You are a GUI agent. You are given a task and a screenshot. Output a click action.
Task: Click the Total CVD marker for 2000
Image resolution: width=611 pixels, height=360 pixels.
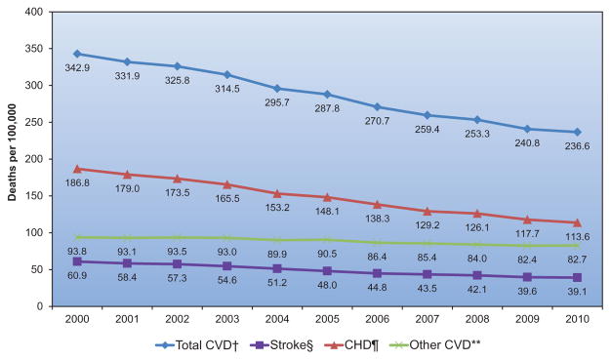77,54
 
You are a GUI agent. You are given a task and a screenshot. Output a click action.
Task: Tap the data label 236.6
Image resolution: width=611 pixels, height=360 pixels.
577,146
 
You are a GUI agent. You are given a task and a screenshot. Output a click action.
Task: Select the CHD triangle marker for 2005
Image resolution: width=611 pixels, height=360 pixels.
327,197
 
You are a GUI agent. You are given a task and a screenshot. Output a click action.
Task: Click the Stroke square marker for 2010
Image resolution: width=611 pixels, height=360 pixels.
577,277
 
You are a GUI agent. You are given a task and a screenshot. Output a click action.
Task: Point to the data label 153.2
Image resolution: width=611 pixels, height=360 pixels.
277,207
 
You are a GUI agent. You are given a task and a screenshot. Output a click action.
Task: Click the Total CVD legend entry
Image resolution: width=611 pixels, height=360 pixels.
197,345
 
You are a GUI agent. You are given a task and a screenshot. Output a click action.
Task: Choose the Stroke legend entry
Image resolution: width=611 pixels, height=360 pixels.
281,345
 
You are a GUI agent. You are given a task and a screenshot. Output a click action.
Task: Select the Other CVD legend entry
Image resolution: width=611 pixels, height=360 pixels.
434,345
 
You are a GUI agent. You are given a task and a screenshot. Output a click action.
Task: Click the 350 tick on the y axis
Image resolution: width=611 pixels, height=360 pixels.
34,49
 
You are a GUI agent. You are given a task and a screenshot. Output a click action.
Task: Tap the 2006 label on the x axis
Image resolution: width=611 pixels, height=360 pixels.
377,319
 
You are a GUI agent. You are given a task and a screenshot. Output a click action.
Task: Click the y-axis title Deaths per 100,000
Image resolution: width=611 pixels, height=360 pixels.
12,152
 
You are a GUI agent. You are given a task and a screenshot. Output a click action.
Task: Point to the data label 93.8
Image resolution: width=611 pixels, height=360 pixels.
77,252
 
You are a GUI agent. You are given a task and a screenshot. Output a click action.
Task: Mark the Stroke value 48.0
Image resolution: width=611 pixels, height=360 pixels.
327,285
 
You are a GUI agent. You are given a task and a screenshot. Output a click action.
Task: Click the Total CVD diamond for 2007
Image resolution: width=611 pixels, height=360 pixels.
428,115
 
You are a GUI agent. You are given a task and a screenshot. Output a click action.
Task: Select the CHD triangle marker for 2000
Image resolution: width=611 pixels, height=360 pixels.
77,169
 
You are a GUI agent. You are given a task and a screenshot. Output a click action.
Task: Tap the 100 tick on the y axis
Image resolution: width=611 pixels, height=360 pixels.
34,232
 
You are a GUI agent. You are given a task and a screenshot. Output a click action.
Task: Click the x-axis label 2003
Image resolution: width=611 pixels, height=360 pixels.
227,319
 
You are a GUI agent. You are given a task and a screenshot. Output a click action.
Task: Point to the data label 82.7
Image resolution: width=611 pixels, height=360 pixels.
577,260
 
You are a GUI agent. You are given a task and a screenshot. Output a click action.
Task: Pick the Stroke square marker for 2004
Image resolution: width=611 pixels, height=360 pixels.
277,268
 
